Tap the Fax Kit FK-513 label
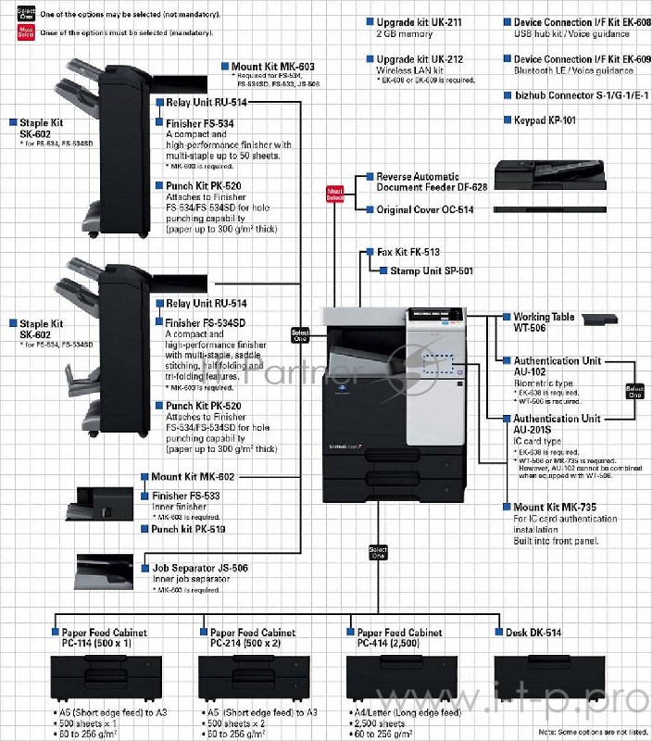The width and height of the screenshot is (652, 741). click(x=407, y=252)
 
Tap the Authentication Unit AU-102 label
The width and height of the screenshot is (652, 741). click(x=557, y=366)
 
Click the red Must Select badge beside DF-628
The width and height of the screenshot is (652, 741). click(x=335, y=194)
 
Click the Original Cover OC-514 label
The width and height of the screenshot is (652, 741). click(x=425, y=210)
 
